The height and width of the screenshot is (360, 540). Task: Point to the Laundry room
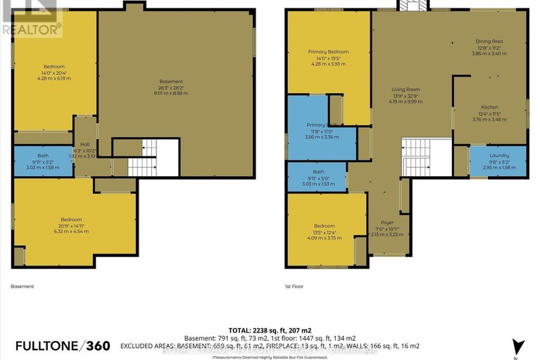point(498,162)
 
